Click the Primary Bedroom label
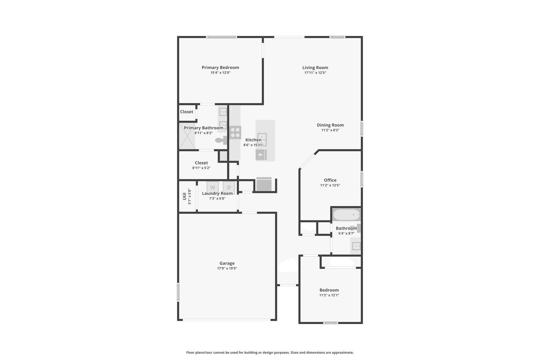coord(220,68)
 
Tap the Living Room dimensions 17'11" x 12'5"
coord(315,73)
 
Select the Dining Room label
coord(330,125)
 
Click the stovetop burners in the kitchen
coord(235,133)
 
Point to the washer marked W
coord(213,187)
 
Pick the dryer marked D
coord(229,187)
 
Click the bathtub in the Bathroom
coord(347,214)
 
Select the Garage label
coord(227,263)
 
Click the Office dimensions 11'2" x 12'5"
coord(330,185)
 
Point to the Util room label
coord(184,196)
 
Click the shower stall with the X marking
coord(187,136)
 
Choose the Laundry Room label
coord(217,193)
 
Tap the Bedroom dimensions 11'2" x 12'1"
coord(329,295)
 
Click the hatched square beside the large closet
coord(223,156)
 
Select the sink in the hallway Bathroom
coord(356,246)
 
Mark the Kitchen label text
coord(253,140)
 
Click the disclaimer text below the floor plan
coord(270,353)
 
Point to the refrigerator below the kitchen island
coord(264,184)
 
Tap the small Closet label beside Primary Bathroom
coord(187,112)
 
